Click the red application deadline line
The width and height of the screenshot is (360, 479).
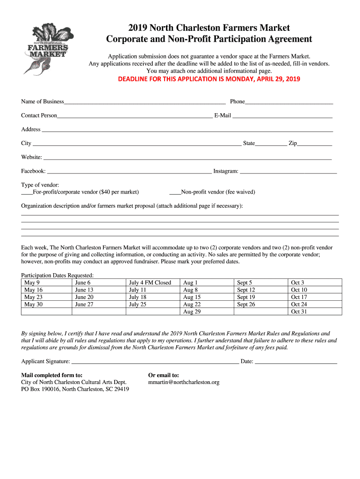209,79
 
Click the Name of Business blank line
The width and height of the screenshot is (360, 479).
145,102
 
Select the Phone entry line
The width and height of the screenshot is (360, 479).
289,102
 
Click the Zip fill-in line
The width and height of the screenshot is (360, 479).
315,144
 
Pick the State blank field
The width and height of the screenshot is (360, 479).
271,144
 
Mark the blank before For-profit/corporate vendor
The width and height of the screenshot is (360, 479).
27,193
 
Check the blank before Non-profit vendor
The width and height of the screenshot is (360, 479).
174,193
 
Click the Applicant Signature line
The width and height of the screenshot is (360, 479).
155,362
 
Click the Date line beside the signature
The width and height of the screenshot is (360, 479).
296,362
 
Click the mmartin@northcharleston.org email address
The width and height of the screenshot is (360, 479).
184,383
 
